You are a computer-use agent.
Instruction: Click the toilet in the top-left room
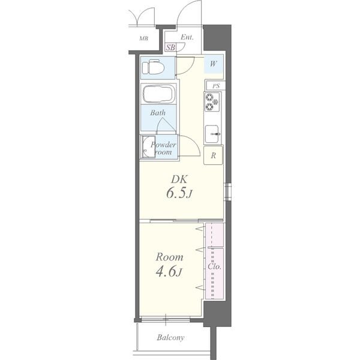click(x=154, y=67)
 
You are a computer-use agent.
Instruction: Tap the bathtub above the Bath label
click(x=158, y=94)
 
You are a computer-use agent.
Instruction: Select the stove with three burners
click(x=212, y=102)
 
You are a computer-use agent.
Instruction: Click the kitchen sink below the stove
click(x=212, y=134)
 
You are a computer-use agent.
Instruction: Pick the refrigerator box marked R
click(x=213, y=155)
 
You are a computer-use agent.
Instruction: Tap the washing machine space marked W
click(x=213, y=64)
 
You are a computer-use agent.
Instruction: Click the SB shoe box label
click(x=170, y=47)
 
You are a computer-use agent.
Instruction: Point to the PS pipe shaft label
click(x=216, y=86)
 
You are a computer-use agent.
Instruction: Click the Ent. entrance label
click(x=187, y=37)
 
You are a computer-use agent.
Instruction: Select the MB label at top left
click(x=144, y=38)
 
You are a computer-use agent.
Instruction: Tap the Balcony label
click(x=170, y=337)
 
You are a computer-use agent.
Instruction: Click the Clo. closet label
click(x=214, y=266)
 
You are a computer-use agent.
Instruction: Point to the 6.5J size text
click(x=179, y=193)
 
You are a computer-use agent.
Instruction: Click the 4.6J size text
click(x=169, y=271)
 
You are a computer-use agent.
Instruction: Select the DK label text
click(x=179, y=179)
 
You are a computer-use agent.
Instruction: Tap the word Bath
click(x=158, y=113)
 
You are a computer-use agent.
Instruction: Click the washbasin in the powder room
click(x=148, y=147)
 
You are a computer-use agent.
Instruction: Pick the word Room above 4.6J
click(x=169, y=257)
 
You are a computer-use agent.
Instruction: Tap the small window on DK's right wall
click(x=228, y=191)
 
